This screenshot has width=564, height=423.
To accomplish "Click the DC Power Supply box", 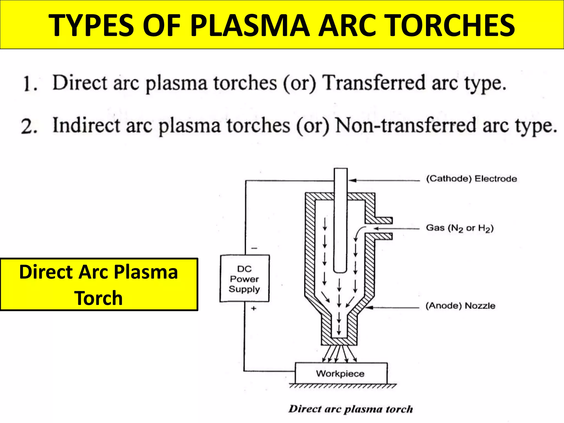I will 244,278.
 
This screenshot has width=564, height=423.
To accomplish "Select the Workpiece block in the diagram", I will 341,373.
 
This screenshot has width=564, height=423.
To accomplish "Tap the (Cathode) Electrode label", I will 471,179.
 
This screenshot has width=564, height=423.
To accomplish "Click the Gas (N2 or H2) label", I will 460,228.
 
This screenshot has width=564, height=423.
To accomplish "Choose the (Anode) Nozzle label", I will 460,306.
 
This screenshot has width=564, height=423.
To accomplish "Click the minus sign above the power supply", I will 254,248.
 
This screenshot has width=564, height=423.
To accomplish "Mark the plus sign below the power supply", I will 254,308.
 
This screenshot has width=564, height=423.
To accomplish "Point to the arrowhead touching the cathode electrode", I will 352,180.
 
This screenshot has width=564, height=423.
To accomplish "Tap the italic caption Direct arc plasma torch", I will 351,409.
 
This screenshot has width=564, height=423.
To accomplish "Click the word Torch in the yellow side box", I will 98,298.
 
